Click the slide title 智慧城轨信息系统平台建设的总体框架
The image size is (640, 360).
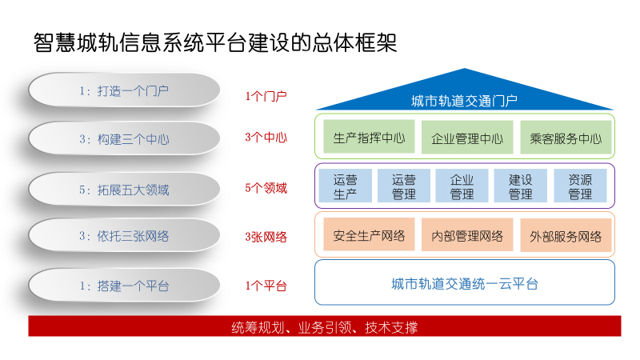click(215, 42)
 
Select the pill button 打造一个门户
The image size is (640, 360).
click(124, 90)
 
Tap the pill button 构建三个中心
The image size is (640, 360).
click(124, 139)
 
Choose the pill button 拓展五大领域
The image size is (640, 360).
click(124, 190)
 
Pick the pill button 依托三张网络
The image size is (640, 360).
click(124, 236)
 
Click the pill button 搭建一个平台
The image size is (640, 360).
click(124, 286)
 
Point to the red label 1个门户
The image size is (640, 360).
click(266, 96)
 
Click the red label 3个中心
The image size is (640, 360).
click(266, 137)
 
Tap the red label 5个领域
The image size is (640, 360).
click(266, 189)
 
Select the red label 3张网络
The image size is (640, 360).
click(266, 237)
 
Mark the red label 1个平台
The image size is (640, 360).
click(266, 286)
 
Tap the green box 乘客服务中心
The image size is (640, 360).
click(565, 138)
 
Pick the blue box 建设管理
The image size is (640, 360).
click(521, 186)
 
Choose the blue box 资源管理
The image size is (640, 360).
click(580, 186)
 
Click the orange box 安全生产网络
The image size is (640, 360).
click(369, 235)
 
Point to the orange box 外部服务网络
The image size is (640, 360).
click(565, 236)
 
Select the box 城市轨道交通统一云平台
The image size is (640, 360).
click(464, 283)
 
